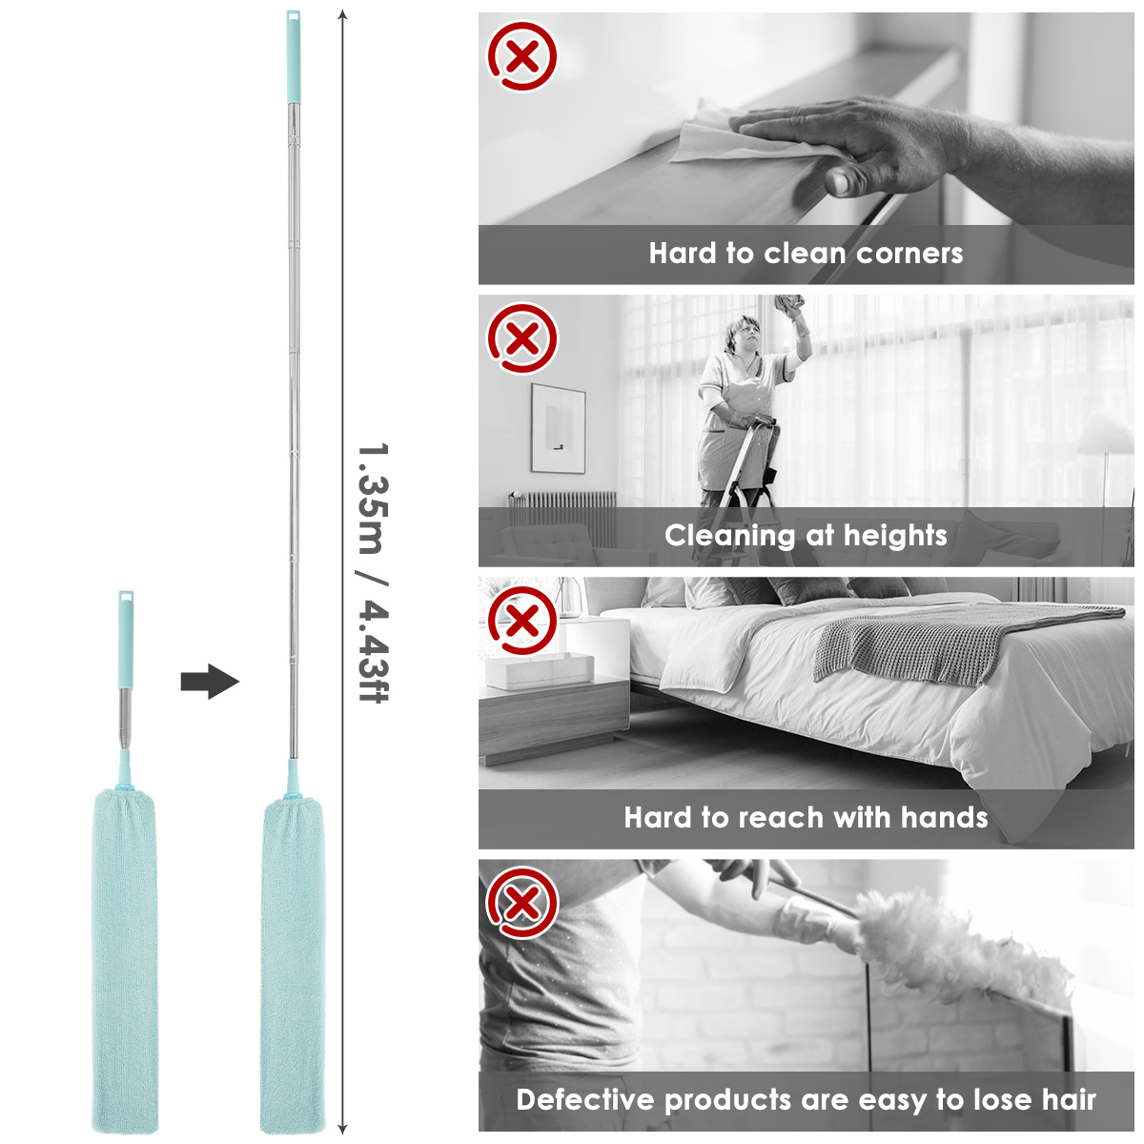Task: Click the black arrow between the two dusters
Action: click(x=210, y=682)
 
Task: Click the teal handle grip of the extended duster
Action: click(x=293, y=57)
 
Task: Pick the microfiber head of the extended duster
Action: click(x=294, y=965)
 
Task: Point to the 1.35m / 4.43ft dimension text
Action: click(x=373, y=573)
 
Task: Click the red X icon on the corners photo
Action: click(x=522, y=56)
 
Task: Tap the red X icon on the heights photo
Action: click(x=522, y=338)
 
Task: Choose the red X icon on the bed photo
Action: click(x=522, y=621)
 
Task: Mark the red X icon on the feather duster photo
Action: click(x=522, y=903)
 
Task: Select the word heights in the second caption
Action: click(x=895, y=536)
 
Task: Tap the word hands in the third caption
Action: click(x=945, y=817)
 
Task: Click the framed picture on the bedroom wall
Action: click(x=558, y=428)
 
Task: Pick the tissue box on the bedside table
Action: click(x=540, y=671)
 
